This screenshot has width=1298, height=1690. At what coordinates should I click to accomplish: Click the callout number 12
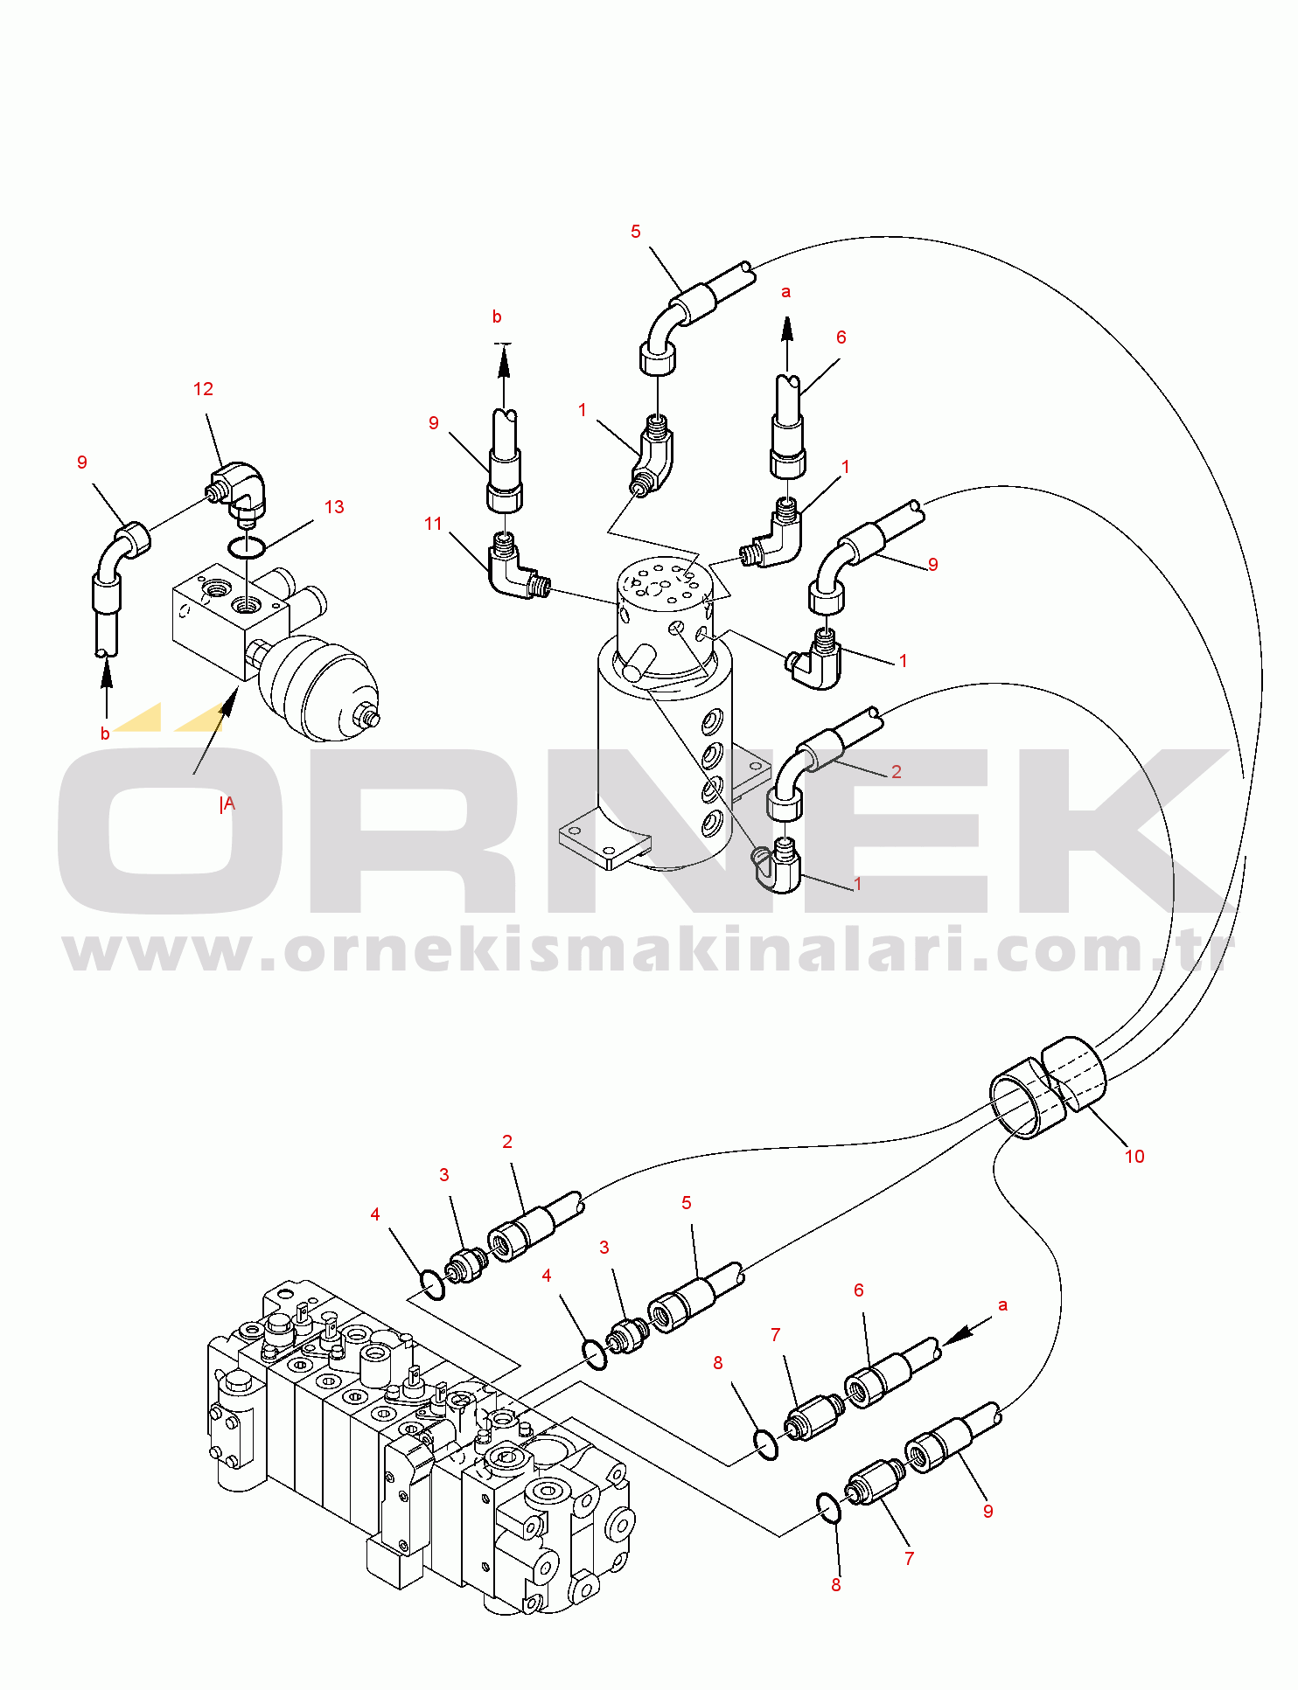pyautogui.click(x=203, y=389)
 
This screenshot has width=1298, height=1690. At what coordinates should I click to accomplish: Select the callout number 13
pyautogui.click(x=334, y=507)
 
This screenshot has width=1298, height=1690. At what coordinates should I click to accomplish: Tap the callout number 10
pyautogui.click(x=1134, y=1157)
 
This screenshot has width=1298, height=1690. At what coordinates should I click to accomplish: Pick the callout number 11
pyautogui.click(x=433, y=524)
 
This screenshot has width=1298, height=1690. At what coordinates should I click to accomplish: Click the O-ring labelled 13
pyautogui.click(x=247, y=547)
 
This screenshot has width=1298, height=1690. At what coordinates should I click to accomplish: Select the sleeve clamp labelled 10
pyautogui.click(x=1048, y=1086)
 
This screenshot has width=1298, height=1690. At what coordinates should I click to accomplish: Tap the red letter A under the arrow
pyautogui.click(x=229, y=803)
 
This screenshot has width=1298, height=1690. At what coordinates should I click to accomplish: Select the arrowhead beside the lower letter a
pyautogui.click(x=958, y=1334)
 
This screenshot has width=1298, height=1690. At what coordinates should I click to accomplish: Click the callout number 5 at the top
pyautogui.click(x=636, y=232)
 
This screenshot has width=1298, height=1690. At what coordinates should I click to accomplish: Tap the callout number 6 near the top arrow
pyautogui.click(x=841, y=337)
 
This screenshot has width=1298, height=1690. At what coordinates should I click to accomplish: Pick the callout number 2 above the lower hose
pyautogui.click(x=507, y=1142)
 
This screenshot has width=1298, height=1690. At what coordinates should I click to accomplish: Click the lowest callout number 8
pyautogui.click(x=836, y=1585)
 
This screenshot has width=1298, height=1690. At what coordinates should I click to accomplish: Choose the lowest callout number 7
pyautogui.click(x=910, y=1559)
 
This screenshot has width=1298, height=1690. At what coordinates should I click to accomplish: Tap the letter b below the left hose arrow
pyautogui.click(x=105, y=734)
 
